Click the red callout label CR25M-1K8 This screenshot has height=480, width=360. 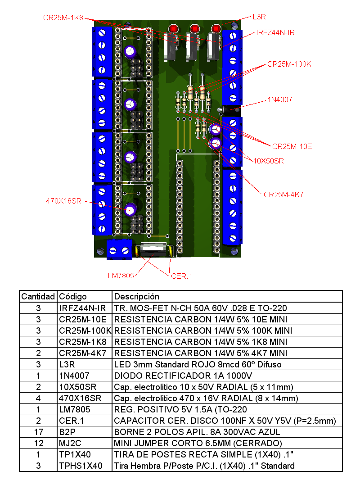(63, 18)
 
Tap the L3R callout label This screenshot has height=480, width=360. (259, 17)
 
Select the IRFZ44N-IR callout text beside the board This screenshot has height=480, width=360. (275, 33)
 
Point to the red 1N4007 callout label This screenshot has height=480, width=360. (280, 100)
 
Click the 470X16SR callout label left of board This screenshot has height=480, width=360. (63, 201)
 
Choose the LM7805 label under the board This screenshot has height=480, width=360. (121, 276)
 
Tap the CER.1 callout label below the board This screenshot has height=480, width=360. (181, 276)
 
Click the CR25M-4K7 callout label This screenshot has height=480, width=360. (283, 195)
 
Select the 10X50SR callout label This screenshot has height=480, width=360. (269, 161)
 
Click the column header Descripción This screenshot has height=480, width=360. (137, 296)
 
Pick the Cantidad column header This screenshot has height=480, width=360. (38, 296)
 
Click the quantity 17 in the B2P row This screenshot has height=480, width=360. (38, 432)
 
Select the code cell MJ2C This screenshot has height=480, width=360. (70, 443)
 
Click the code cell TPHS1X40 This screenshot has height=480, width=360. (81, 466)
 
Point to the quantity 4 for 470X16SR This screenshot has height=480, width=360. (38, 398)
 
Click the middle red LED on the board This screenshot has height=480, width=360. (194, 29)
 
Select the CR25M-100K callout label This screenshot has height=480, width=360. (289, 64)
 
